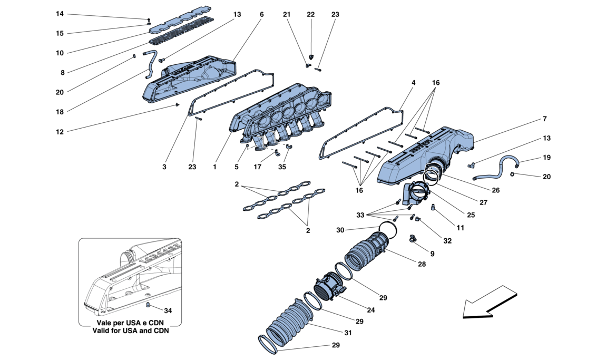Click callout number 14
[x=60, y=14]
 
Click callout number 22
[x=310, y=15]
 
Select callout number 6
[x=261, y=15]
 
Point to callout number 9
[x=432, y=254]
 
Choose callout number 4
[x=414, y=83]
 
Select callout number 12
[x=60, y=131]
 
